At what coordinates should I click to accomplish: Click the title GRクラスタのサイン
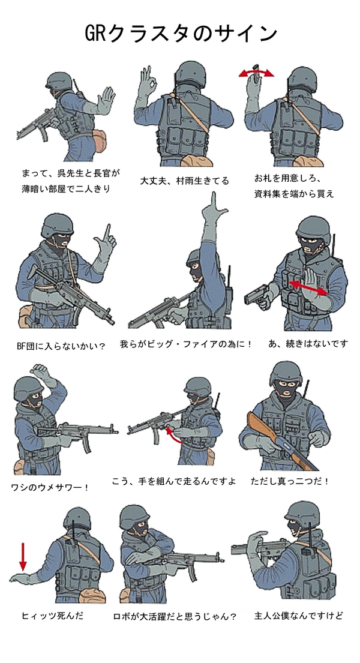(181, 34)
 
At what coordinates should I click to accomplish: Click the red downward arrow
(23, 556)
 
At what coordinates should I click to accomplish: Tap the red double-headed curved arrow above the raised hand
(256, 73)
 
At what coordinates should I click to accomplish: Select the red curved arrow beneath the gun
(173, 436)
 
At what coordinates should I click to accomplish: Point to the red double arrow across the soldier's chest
(308, 287)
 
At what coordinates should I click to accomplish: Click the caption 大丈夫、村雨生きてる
(184, 181)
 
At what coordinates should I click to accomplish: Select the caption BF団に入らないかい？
(61, 346)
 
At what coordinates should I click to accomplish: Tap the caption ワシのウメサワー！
(50, 487)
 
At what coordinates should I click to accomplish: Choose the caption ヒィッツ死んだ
(52, 616)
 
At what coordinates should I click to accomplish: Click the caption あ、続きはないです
(308, 343)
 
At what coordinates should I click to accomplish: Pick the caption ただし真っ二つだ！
(290, 481)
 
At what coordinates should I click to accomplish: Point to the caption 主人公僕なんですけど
(298, 616)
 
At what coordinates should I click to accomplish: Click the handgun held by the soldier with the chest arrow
(257, 295)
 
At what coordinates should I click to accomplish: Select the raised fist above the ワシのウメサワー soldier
(41, 372)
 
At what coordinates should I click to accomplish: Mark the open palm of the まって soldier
(106, 100)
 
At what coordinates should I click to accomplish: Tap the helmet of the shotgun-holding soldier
(286, 373)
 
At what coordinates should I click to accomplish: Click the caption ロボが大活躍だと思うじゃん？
(175, 616)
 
